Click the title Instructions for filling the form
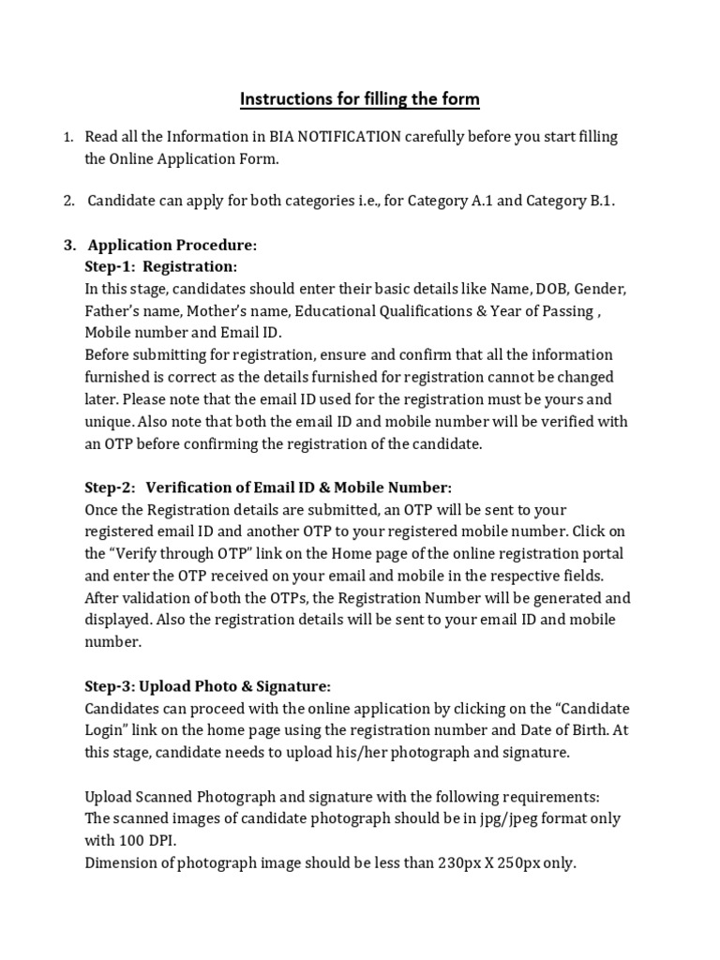tap(360, 98)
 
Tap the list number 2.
tap(68, 202)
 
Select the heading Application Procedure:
tap(172, 246)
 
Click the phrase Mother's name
tap(233, 311)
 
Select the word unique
tap(109, 422)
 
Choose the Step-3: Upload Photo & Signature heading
tap(207, 685)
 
